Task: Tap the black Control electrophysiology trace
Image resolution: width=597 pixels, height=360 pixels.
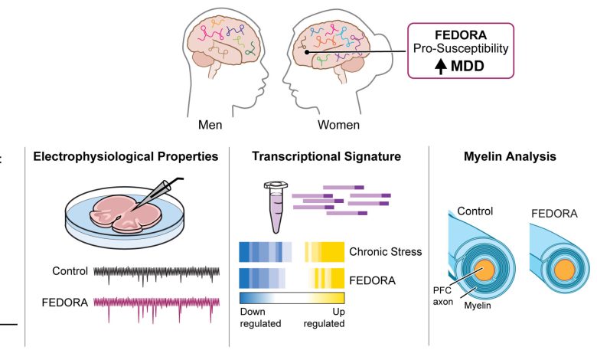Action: pyautogui.click(x=156, y=271)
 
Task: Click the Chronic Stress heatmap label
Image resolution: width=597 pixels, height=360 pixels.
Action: pyautogui.click(x=386, y=251)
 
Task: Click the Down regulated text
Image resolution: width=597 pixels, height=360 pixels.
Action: pyautogui.click(x=260, y=318)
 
